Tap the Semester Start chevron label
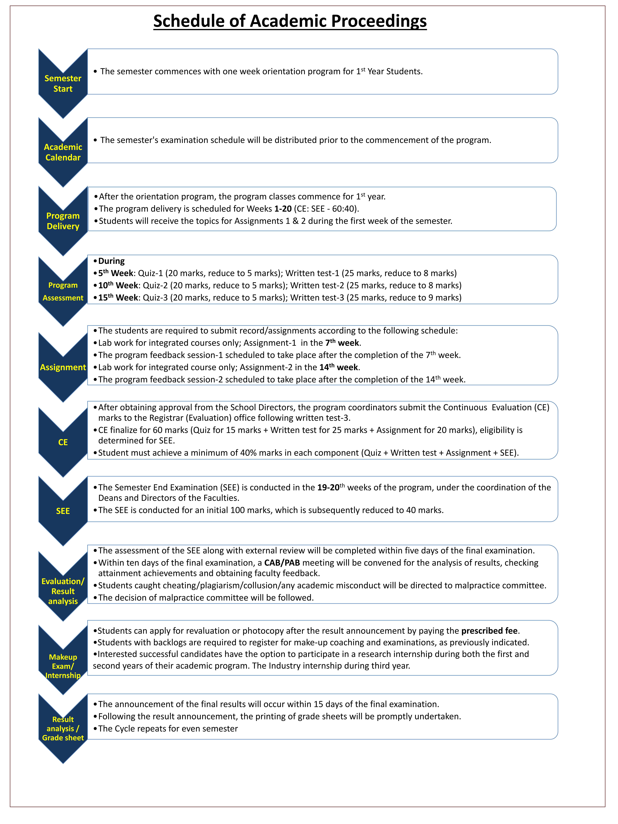(x=63, y=83)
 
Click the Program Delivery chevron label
(x=63, y=221)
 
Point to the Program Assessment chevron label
(x=63, y=291)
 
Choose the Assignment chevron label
(x=63, y=367)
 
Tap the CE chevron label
(x=63, y=442)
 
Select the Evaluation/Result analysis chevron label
(x=63, y=591)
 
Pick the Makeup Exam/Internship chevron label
(x=63, y=666)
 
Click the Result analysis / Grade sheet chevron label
(x=63, y=728)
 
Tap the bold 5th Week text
(x=116, y=273)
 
